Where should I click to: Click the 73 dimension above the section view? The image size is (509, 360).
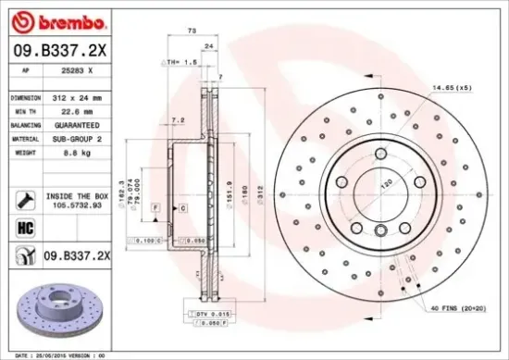click(x=192, y=31)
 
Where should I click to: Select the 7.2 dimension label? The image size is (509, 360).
click(x=178, y=120)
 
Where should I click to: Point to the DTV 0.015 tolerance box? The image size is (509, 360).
click(x=212, y=316)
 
